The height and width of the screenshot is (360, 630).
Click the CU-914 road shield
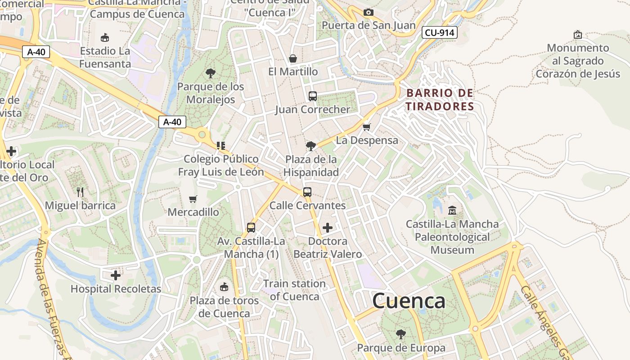[x=440, y=32]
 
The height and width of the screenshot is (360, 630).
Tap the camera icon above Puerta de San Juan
[x=369, y=12]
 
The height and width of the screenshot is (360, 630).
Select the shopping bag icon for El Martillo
[x=293, y=58]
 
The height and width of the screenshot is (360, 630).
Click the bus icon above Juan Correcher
[x=312, y=96]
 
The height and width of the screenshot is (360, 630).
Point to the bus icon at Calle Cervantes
[x=307, y=192]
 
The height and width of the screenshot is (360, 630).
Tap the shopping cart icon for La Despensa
[x=367, y=127]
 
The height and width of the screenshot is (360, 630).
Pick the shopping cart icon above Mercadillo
[x=193, y=198]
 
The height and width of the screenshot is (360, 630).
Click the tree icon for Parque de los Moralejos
[x=210, y=73]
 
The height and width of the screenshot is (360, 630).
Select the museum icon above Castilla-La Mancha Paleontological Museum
[x=452, y=210]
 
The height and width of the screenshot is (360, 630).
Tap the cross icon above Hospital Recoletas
[x=116, y=275]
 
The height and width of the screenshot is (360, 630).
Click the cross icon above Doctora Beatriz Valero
[x=328, y=228]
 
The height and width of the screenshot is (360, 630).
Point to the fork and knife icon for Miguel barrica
[x=80, y=192]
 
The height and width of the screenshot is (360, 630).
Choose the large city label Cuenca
[x=409, y=301]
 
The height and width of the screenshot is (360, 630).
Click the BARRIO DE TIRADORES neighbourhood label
[x=440, y=100]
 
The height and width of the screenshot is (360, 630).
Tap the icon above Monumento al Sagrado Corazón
[x=578, y=34]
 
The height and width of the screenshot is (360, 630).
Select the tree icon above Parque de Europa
[x=400, y=334]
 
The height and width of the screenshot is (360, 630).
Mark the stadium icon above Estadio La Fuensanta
[x=105, y=37]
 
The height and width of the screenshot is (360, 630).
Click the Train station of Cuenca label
[x=294, y=290]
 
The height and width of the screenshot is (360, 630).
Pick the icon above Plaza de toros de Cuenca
[x=224, y=287]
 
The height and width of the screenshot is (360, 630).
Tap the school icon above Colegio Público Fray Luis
[x=220, y=145]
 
